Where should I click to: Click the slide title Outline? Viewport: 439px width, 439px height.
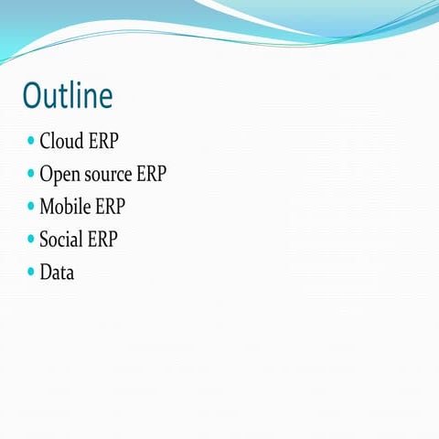[x=68, y=95]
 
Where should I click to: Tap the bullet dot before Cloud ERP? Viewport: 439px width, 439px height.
[x=31, y=141]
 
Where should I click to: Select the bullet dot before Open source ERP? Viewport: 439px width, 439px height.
[x=31, y=173]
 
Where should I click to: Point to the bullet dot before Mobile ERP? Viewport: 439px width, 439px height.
[x=31, y=206]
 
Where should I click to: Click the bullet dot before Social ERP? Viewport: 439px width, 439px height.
[x=31, y=239]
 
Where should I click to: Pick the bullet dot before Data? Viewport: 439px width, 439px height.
[x=31, y=272]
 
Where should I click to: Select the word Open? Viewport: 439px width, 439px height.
[x=58, y=175]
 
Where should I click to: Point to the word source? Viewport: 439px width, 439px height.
[x=106, y=175]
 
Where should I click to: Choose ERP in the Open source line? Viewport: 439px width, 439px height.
[x=151, y=174]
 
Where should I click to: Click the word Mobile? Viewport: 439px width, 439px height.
[x=65, y=207]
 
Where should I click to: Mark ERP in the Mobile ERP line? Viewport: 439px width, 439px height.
[x=111, y=207]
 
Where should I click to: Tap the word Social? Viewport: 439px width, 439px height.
[x=59, y=240]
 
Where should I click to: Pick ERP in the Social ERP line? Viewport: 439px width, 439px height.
[x=101, y=240]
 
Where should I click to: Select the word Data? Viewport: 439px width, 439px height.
[x=57, y=273]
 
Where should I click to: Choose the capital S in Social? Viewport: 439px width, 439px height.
[x=44, y=240]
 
